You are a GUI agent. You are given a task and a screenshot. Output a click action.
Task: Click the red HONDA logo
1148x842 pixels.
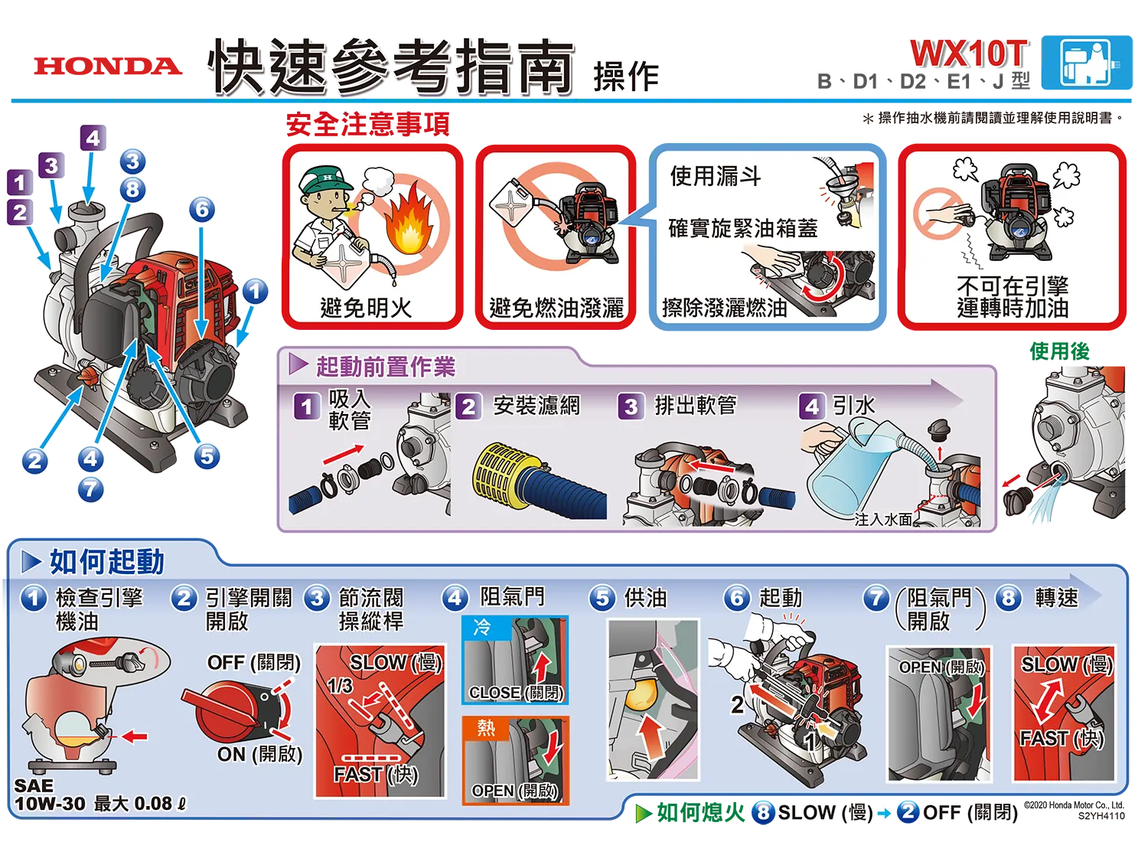108,66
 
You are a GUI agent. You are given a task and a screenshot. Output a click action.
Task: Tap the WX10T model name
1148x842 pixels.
969,53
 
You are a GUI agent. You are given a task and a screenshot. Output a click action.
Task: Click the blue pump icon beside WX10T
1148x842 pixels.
1087,63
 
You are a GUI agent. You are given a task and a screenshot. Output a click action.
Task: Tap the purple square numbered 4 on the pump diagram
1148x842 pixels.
93,138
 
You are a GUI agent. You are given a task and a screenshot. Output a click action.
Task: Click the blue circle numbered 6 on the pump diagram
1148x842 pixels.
202,209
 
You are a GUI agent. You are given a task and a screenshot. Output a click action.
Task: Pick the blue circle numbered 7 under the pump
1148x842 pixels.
91,489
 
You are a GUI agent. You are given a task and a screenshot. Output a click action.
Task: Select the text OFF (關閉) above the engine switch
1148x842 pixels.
253,663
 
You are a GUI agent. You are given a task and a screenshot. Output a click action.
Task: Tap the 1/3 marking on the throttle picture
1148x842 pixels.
340,685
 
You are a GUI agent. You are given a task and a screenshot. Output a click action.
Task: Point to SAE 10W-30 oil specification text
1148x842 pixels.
50,795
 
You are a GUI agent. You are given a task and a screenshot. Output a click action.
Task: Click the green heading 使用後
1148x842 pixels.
1059,351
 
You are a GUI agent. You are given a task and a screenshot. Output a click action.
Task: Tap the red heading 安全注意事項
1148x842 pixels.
367,124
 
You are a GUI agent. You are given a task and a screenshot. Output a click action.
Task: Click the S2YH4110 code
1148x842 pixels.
1101,816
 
